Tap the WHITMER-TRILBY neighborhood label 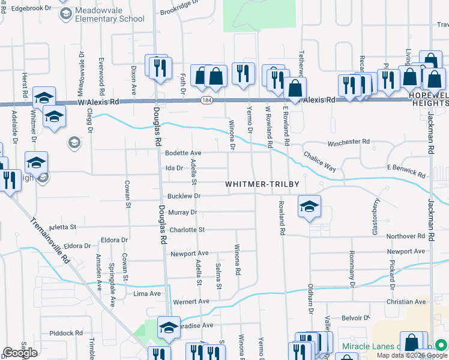pyautogui.click(x=262, y=184)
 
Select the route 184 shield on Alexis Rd pyautogui.click(x=206, y=100)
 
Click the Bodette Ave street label pyautogui.click(x=183, y=154)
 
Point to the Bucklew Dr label pyautogui.click(x=183, y=196)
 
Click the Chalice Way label pyautogui.click(x=319, y=161)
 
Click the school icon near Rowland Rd pyautogui.click(x=309, y=207)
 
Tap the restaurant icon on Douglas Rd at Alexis pyautogui.click(x=159, y=69)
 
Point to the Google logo pyautogui.click(x=20, y=353)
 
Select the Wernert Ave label pyautogui.click(x=191, y=301)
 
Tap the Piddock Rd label pyautogui.click(x=66, y=333)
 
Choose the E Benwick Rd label pyautogui.click(x=406, y=171)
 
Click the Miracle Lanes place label pyautogui.click(x=369, y=346)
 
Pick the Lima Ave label pyautogui.click(x=147, y=293)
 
